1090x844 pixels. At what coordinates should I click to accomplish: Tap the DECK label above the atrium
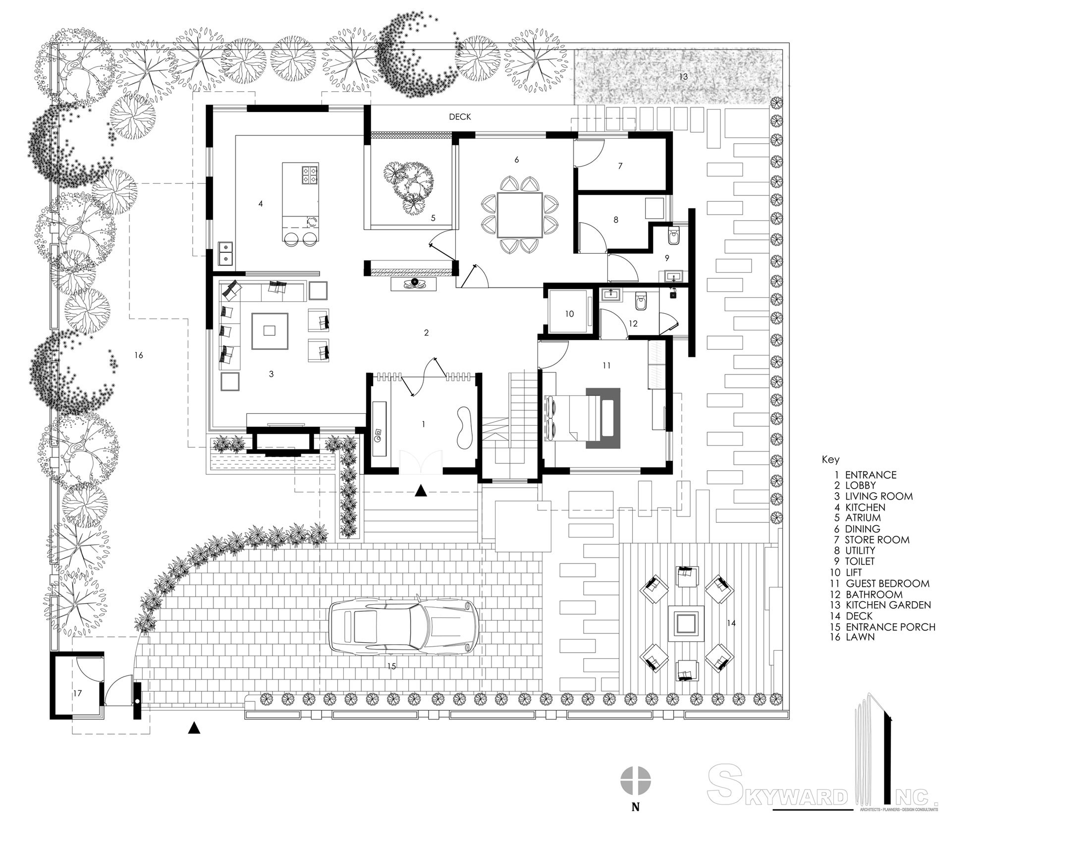point(460,117)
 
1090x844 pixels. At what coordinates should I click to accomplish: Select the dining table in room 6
point(519,215)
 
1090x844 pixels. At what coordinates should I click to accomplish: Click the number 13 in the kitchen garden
point(683,77)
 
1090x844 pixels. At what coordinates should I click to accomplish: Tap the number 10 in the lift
point(569,314)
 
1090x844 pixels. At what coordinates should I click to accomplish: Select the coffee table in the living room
point(270,331)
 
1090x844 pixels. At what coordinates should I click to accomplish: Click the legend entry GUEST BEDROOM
point(887,583)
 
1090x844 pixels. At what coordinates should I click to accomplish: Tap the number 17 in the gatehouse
point(77,693)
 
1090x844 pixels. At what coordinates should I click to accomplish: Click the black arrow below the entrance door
point(421,491)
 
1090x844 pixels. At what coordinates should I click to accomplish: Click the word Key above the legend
point(830,459)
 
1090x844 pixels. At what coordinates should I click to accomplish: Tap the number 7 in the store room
point(620,166)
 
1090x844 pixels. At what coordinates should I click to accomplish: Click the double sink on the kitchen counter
point(225,253)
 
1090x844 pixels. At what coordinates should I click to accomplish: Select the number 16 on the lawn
point(139,355)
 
